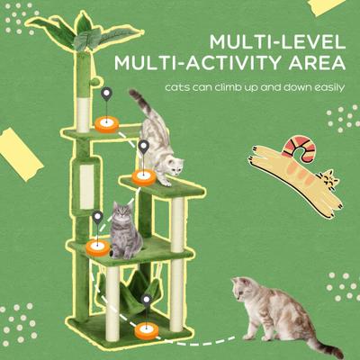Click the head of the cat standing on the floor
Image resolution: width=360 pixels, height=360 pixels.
[242, 292]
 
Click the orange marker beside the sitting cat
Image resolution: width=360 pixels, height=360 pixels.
[95, 245]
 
